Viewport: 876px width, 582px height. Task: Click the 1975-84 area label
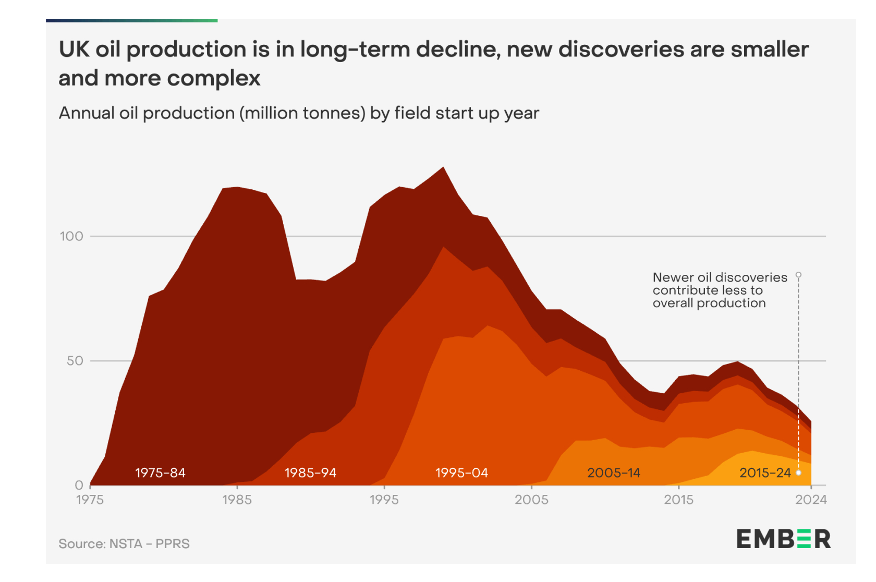(160, 473)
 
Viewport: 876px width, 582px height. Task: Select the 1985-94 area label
(310, 473)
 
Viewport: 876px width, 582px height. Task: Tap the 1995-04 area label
(461, 473)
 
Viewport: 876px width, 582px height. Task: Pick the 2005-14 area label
(613, 473)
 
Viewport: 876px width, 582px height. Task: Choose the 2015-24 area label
(765, 473)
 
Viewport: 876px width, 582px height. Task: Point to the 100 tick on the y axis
(71, 236)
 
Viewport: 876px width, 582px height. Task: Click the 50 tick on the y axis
(75, 361)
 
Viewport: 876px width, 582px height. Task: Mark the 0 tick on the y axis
(79, 486)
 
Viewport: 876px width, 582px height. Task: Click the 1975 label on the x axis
(90, 500)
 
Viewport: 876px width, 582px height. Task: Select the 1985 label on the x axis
(237, 500)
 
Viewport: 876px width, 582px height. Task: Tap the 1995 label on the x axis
(384, 500)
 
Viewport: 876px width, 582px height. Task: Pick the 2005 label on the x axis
(531, 500)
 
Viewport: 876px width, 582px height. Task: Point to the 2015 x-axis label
(679, 500)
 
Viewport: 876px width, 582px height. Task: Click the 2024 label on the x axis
(811, 500)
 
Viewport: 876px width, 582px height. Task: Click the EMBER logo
(783, 539)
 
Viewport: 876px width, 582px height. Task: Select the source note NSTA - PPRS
(124, 544)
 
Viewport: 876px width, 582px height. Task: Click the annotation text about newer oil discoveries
(720, 290)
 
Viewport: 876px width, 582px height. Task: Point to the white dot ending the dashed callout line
(798, 473)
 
